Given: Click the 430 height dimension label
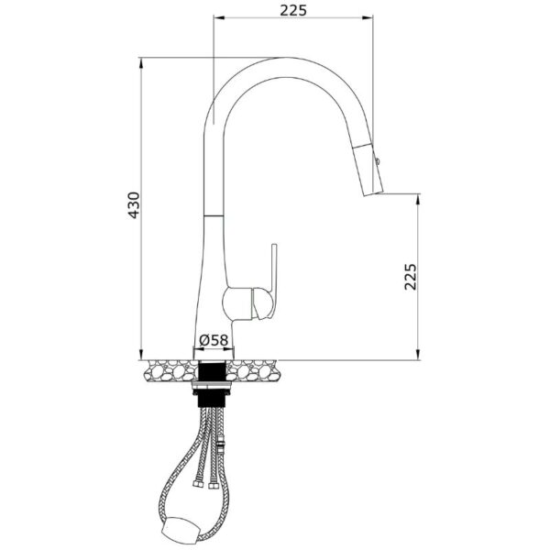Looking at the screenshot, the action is tap(134, 205).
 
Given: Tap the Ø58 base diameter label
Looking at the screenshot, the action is tap(214, 339).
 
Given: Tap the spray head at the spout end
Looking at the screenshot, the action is tap(368, 169).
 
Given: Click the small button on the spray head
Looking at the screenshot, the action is tap(378, 161).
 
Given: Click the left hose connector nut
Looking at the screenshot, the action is tap(197, 484).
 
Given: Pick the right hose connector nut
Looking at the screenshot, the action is tap(213, 486).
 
